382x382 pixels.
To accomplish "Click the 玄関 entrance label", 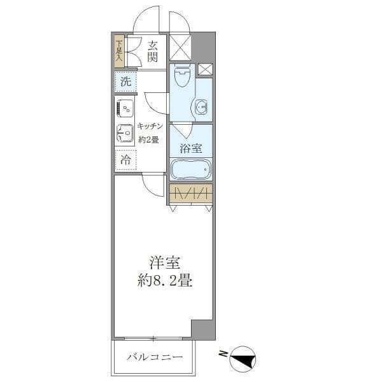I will click(x=153, y=51).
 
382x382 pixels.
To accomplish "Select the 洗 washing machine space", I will click(x=125, y=81).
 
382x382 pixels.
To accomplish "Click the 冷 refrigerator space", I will click(x=125, y=160).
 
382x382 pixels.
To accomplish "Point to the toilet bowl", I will click(x=181, y=79).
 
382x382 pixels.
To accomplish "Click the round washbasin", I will click(x=203, y=108).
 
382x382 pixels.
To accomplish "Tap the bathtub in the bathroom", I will click(x=190, y=170).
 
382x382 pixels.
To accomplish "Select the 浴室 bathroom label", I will click(x=190, y=149).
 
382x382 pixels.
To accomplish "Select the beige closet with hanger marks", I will click(x=190, y=194).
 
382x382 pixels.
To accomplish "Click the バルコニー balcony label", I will click(x=154, y=358).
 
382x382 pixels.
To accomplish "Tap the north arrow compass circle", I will click(x=243, y=358).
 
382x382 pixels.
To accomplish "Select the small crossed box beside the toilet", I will click(x=205, y=69).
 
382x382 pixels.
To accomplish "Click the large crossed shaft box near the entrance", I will click(x=180, y=48).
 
